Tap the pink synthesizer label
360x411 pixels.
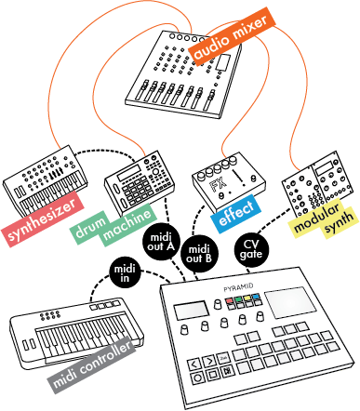43,219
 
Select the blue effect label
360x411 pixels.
235,210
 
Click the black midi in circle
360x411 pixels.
125,272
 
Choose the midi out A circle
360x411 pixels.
161,242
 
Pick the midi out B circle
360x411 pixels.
199,254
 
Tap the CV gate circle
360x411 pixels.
251,249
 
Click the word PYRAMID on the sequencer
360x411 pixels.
238,287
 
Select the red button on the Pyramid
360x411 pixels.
230,300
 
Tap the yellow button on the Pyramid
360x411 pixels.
247,298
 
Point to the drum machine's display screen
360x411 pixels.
129,172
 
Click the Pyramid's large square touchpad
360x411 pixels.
290,302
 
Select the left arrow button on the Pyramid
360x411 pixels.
194,364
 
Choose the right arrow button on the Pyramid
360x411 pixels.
209,361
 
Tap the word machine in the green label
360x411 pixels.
127,225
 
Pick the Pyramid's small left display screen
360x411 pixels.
192,311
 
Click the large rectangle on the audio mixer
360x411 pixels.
222,61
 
